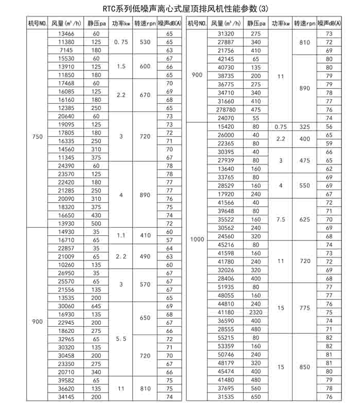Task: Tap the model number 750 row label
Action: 38,137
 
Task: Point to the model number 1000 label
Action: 197,238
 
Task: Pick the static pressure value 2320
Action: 256,312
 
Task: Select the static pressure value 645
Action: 96,306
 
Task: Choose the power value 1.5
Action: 121,66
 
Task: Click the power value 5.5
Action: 121,339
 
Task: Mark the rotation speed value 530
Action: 145,42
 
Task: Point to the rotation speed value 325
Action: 305,126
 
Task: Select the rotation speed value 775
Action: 305,308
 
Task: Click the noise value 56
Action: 329,126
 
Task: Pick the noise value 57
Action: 169,240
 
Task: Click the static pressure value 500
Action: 96,224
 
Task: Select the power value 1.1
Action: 121,236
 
